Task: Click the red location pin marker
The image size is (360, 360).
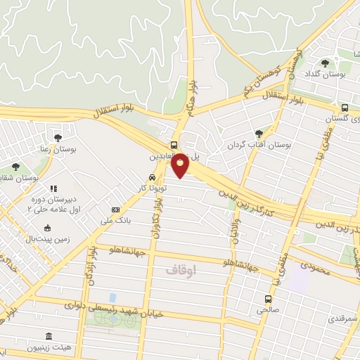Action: point(181,165)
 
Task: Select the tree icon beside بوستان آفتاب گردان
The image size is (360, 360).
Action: point(259,134)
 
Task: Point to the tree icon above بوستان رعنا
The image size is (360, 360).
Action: point(58,138)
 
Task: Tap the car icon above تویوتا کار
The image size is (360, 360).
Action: point(152,178)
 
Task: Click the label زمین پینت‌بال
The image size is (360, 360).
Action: point(48,240)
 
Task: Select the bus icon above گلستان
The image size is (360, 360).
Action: point(345,108)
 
